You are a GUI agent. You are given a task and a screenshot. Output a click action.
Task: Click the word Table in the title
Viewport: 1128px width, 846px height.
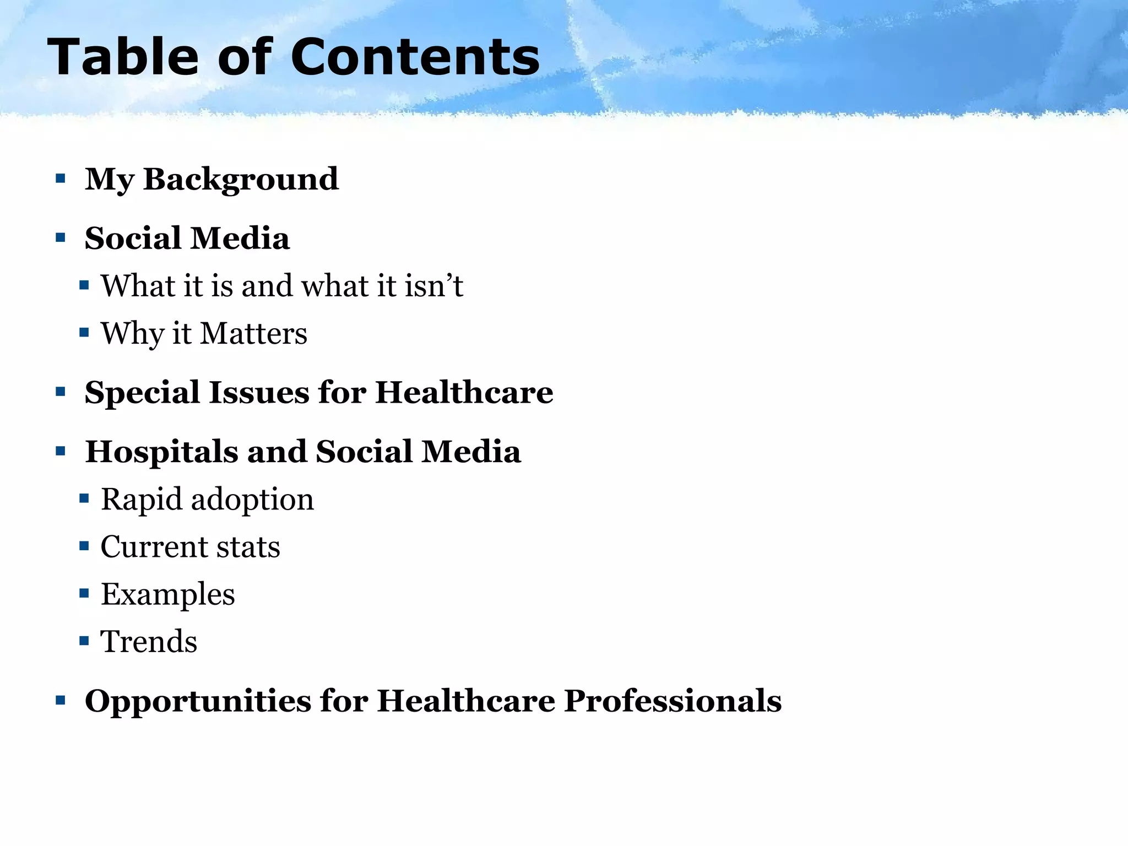coord(122,57)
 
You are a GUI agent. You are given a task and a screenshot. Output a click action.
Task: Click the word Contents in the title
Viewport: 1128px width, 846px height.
coord(415,57)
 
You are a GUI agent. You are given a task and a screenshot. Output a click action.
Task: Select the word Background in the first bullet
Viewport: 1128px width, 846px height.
coord(241,179)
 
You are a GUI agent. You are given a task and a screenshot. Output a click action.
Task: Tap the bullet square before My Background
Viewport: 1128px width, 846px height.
coord(61,178)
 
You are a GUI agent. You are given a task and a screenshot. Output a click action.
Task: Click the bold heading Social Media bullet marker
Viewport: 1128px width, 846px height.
coord(61,238)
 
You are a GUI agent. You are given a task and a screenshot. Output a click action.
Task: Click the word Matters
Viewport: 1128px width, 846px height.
coord(253,334)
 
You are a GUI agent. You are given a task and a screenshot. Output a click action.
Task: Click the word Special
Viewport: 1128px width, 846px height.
coord(142,393)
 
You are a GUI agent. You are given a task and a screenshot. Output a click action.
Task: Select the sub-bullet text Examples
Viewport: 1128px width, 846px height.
coord(167,595)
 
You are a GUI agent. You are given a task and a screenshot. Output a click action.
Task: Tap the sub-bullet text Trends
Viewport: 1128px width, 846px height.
coord(149,642)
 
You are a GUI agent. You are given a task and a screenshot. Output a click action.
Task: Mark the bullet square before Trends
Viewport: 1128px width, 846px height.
coord(84,641)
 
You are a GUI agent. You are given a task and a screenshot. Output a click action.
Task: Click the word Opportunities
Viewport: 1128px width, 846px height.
coord(198,701)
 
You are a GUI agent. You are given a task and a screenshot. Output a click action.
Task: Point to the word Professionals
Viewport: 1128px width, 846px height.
coord(673,701)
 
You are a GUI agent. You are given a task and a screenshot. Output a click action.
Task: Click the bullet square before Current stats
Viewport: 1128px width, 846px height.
coord(84,546)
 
